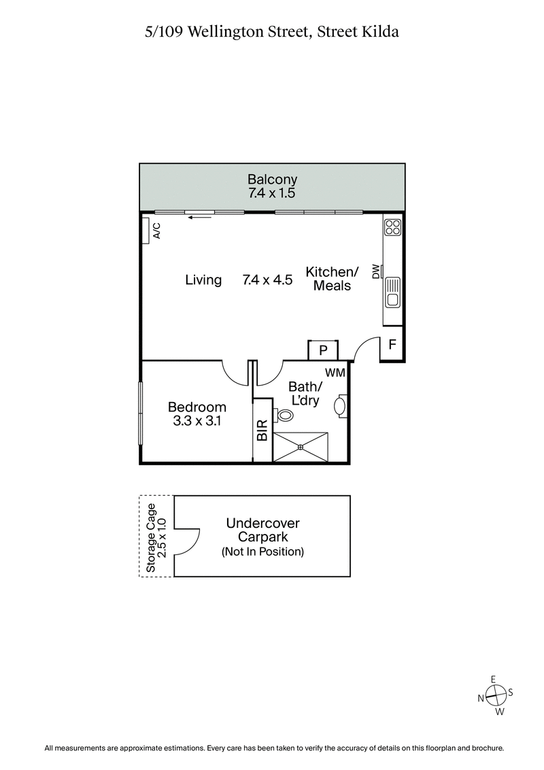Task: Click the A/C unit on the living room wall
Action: (x=147, y=231)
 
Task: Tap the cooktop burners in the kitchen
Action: (x=392, y=226)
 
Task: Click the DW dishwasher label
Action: (x=375, y=271)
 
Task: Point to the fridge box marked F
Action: (x=392, y=344)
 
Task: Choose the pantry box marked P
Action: (x=323, y=350)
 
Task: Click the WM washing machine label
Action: (x=335, y=372)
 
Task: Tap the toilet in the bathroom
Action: (x=283, y=414)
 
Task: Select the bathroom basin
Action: (x=341, y=406)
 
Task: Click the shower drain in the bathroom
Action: (x=301, y=447)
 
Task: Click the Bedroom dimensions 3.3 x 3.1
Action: (x=197, y=421)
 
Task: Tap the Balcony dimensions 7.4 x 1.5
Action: (x=272, y=193)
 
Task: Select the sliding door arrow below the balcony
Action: (x=199, y=218)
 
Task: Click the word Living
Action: (x=203, y=280)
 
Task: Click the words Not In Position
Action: (x=262, y=552)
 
